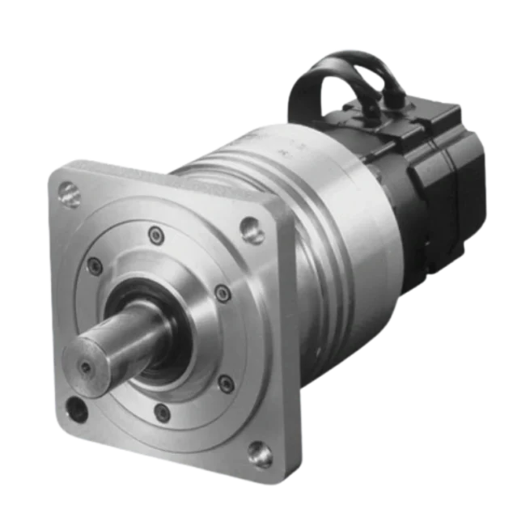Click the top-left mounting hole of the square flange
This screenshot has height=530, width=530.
tap(70, 194)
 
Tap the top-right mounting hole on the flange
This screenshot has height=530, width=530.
tap(253, 230)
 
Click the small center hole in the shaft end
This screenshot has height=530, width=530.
tap(86, 368)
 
